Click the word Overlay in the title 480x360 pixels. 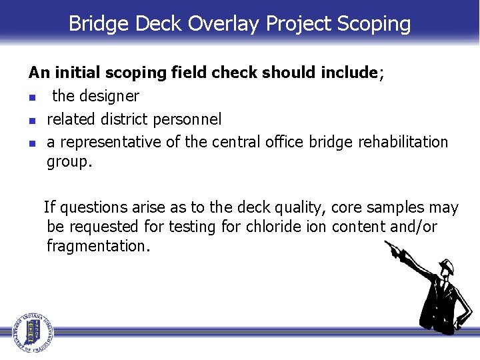[x=224, y=24]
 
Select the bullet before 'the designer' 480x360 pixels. [x=32, y=97]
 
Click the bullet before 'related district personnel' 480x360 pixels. [x=32, y=120]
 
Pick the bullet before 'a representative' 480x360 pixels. [x=32, y=143]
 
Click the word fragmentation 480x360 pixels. [x=97, y=246]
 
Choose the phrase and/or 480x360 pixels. [x=413, y=227]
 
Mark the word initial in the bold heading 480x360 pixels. [x=73, y=73]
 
